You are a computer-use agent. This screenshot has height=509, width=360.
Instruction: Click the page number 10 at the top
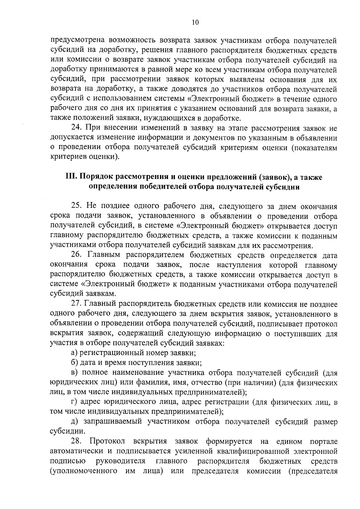pyautogui.click(x=194, y=22)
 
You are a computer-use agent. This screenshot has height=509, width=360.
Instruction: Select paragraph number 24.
pyautogui.click(x=77, y=128)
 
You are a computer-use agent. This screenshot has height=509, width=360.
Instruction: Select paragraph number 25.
pyautogui.click(x=77, y=206)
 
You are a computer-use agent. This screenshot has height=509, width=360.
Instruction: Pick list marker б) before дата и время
pyautogui.click(x=74, y=363)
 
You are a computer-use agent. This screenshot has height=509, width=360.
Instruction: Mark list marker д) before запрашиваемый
pyautogui.click(x=74, y=422)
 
